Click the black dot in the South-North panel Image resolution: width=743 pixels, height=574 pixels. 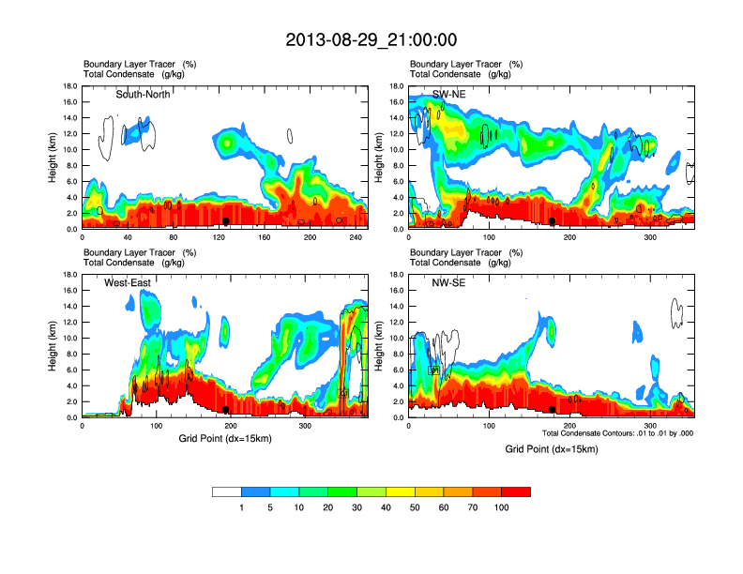click(x=226, y=221)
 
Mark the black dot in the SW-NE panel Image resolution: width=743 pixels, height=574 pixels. click(x=553, y=221)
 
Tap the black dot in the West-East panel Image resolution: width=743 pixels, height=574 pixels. click(x=226, y=409)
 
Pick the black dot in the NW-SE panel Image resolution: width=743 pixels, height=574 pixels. click(x=553, y=409)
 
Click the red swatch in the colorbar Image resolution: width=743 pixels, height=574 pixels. click(x=516, y=491)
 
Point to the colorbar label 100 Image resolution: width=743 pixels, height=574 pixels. click(x=502, y=507)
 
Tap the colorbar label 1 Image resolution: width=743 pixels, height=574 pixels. click(x=241, y=507)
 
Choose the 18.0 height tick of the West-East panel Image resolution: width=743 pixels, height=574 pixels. click(x=68, y=274)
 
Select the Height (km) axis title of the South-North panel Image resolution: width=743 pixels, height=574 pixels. click(x=53, y=157)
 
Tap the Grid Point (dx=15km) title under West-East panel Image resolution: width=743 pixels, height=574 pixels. click(x=225, y=438)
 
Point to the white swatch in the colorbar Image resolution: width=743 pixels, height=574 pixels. click(x=226, y=491)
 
